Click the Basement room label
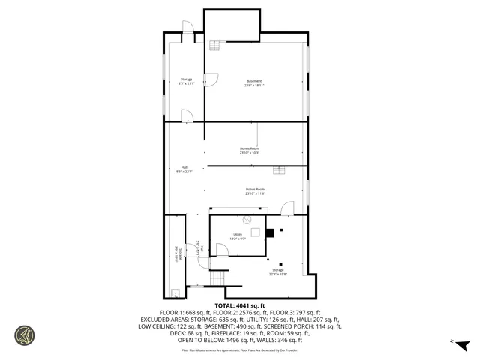[254, 82]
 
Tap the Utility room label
[238, 236]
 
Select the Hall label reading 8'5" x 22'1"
[184, 169]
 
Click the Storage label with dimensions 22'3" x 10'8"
[278, 271]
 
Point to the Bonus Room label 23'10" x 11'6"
[255, 191]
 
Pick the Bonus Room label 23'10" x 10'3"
[249, 151]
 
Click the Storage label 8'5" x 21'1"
[186, 81]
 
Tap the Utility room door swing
[222, 250]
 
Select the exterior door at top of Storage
[188, 27]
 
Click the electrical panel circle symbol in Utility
[245, 220]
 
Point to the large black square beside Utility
[268, 232]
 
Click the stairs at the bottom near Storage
[217, 277]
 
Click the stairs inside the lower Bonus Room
[280, 171]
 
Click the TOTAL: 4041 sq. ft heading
[240, 305]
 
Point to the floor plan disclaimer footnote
[240, 349]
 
